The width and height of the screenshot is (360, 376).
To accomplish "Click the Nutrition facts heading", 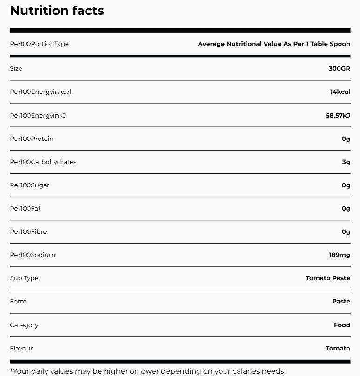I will point(57,11).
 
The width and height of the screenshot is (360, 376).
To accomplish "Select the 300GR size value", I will point(339,68).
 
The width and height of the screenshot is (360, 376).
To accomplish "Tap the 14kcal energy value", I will point(340,92).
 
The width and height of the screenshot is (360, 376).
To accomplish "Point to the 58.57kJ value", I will point(338,115).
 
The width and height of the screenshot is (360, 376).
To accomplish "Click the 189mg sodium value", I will point(339,255).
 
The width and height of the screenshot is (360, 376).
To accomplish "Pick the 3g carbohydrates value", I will point(346,162).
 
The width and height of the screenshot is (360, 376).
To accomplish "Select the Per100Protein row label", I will point(32,139).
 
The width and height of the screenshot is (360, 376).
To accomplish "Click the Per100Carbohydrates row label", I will point(43,162).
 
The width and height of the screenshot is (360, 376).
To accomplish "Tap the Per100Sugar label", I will point(29,185).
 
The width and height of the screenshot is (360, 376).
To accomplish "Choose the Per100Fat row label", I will point(25,208).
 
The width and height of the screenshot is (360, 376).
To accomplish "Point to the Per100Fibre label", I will point(28,231).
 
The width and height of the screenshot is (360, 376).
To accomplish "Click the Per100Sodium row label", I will point(33,255).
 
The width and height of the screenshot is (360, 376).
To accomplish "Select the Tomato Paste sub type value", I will point(328,278).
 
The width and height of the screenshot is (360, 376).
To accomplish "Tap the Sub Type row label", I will point(24,278).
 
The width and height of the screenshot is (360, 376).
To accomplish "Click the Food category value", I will point(342,325).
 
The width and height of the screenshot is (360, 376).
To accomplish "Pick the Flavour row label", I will point(21,348).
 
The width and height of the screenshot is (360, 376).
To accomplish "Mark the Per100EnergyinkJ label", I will point(38,115).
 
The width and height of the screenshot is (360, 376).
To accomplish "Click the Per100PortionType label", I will point(39,44).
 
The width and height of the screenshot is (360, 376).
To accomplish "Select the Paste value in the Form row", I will point(341,301).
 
